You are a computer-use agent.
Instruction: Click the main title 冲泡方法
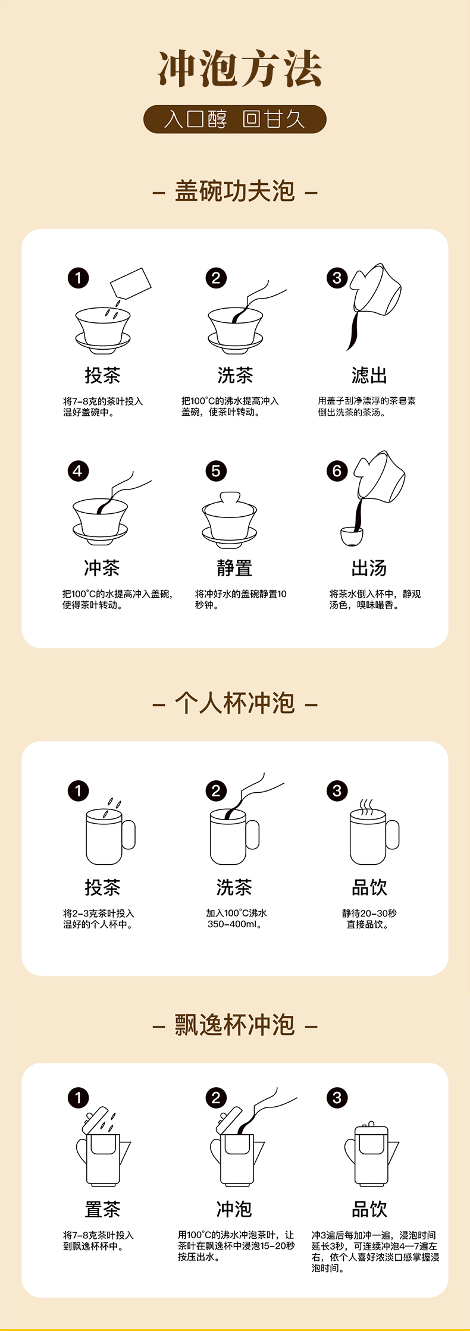240,68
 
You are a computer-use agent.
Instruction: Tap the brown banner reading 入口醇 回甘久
235,119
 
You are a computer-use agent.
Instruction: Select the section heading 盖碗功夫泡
235,191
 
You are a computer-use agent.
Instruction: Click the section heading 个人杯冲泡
235,703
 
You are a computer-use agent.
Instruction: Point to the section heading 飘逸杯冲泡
235,1025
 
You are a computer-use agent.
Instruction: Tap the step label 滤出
369,375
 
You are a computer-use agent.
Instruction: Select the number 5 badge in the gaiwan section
216,471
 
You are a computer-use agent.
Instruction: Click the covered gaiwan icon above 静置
229,520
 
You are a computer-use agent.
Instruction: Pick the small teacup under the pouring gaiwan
352,535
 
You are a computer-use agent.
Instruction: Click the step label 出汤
369,568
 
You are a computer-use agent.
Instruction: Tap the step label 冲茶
102,568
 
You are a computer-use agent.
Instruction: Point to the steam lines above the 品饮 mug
366,807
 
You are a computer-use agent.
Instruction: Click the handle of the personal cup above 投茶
129,834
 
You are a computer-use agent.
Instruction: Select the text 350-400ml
234,924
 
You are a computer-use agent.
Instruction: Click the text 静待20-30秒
369,913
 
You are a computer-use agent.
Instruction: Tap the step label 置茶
102,1209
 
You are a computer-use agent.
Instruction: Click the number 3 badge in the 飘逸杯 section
337,1098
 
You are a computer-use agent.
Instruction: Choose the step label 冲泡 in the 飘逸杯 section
234,1209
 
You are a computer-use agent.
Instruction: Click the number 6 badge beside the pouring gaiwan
337,471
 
